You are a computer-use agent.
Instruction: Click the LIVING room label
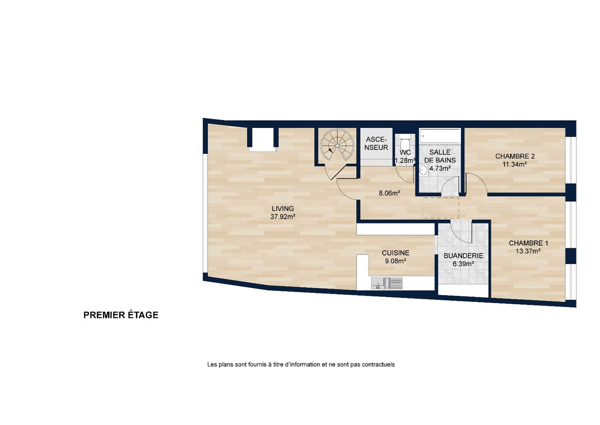(x=283, y=208)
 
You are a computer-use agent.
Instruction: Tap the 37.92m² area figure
(x=283, y=217)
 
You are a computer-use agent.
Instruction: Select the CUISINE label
(x=395, y=253)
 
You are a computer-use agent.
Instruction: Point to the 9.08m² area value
(x=395, y=261)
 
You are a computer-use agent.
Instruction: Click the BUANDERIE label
(x=463, y=255)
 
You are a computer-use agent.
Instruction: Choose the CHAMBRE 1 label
(x=528, y=243)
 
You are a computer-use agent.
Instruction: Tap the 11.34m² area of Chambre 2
(x=515, y=164)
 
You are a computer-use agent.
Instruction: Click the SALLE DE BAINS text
(x=440, y=156)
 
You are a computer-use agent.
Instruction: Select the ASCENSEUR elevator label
(x=376, y=144)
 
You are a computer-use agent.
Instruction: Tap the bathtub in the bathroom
(x=440, y=136)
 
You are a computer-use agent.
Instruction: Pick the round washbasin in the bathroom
(x=423, y=170)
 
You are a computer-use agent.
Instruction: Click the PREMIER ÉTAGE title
(x=121, y=314)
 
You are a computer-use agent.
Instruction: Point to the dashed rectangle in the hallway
(x=441, y=208)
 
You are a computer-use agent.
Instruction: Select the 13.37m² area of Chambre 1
(x=528, y=251)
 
